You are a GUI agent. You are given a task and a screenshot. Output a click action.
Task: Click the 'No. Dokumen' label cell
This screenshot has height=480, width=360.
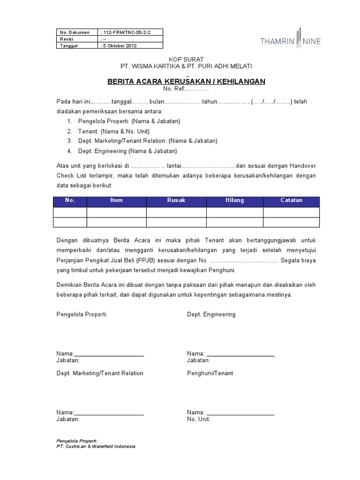[x=75, y=32]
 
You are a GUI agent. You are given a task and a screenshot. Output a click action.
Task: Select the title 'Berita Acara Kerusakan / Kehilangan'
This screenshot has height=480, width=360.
[x=187, y=82]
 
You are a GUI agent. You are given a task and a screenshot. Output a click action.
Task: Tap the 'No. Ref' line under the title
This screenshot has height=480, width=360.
[x=186, y=89]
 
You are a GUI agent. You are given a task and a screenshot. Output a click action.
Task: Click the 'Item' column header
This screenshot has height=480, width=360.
[x=116, y=201]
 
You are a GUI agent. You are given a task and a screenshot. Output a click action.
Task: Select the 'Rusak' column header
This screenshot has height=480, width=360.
[x=176, y=201]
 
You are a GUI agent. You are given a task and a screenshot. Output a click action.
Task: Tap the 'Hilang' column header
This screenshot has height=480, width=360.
[x=234, y=201]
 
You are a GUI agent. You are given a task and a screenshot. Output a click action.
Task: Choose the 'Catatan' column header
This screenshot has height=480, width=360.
[x=291, y=201]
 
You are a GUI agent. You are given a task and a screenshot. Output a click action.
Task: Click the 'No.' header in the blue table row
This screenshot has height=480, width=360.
[x=70, y=201]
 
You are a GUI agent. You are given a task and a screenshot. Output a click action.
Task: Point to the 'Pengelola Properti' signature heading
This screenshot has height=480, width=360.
[x=81, y=314]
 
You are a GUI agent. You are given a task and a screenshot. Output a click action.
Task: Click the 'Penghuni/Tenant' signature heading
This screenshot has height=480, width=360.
[x=210, y=373]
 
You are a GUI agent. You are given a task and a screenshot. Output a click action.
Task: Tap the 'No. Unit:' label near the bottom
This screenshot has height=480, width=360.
[x=198, y=419]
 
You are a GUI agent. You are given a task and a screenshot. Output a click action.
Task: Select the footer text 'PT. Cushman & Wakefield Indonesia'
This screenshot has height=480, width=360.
[x=96, y=446]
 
